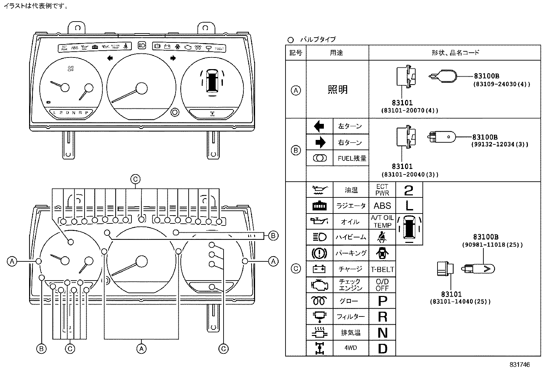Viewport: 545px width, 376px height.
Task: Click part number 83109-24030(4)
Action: (502, 84)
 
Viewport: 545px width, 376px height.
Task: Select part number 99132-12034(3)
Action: (500, 144)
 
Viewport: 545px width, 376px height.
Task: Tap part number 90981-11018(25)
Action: (492, 245)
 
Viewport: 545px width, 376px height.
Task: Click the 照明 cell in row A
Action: (338, 90)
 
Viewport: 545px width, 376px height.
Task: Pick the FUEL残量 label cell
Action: (352, 158)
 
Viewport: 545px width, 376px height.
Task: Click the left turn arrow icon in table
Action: (319, 126)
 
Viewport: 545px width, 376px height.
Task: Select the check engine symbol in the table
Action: (320, 285)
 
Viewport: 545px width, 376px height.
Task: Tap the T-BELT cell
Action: (382, 269)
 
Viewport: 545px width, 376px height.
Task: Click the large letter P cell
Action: (382, 301)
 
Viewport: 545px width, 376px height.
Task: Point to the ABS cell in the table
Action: (382, 206)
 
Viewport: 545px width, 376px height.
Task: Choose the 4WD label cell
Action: (351, 348)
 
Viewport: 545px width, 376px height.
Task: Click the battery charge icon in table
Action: (319, 269)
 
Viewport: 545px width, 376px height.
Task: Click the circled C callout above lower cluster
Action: (135, 179)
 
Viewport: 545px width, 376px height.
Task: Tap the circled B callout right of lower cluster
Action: (273, 235)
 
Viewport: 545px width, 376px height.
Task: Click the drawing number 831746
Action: (519, 365)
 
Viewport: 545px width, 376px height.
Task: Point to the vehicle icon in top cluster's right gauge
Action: (212, 81)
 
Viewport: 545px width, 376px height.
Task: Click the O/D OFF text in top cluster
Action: (71, 68)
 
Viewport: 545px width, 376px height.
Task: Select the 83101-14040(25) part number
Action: (460, 302)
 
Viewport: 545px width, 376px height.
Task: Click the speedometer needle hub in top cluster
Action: (141, 88)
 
